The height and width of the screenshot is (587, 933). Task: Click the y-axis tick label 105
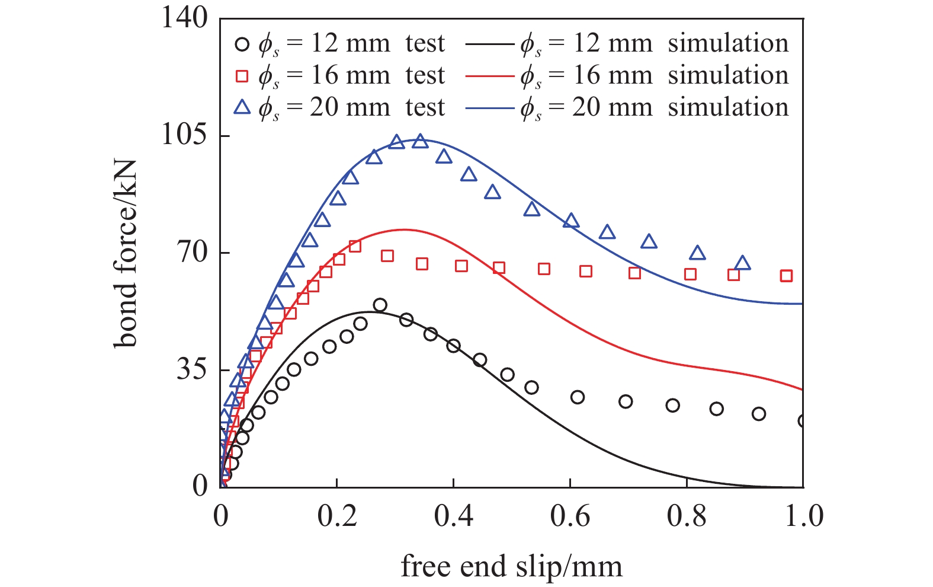184,136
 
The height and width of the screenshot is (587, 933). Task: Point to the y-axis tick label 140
184,18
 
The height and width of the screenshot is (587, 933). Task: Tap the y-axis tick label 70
191,253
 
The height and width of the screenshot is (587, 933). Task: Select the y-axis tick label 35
191,370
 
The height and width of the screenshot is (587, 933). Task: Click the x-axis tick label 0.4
453,516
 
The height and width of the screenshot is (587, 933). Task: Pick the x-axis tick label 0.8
687,516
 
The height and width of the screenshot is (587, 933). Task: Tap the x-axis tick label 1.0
803,516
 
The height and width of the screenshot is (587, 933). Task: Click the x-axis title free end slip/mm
511,566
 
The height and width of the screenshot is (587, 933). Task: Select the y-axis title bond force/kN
126,253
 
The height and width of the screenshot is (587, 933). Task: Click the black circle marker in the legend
242,44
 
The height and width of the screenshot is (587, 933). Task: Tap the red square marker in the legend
242,76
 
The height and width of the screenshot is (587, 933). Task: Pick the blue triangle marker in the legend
242,107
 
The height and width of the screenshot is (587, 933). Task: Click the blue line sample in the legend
489,108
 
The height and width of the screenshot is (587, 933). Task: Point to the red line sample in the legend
489,76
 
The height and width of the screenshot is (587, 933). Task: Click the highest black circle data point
380,305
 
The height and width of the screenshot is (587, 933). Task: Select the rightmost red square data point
786,276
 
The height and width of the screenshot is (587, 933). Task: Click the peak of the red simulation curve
404,229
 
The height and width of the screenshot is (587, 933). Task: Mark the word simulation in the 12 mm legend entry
728,44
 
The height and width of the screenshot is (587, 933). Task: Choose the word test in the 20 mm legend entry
425,108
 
